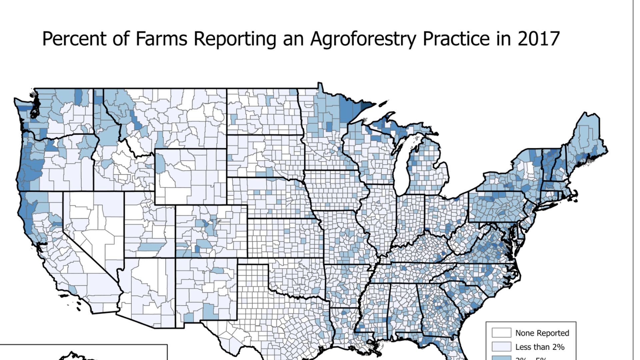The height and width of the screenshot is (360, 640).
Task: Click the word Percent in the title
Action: [x=74, y=39]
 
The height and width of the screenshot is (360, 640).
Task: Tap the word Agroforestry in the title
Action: [x=363, y=39]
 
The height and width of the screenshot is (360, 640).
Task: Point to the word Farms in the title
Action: [x=161, y=39]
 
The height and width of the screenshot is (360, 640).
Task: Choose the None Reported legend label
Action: [x=542, y=333]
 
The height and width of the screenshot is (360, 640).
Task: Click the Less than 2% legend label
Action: [x=540, y=347]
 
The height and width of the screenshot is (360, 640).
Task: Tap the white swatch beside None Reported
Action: [x=501, y=333]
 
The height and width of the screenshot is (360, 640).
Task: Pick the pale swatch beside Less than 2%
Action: [x=501, y=347]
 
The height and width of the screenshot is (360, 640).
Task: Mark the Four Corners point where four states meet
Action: [x=175, y=258]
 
